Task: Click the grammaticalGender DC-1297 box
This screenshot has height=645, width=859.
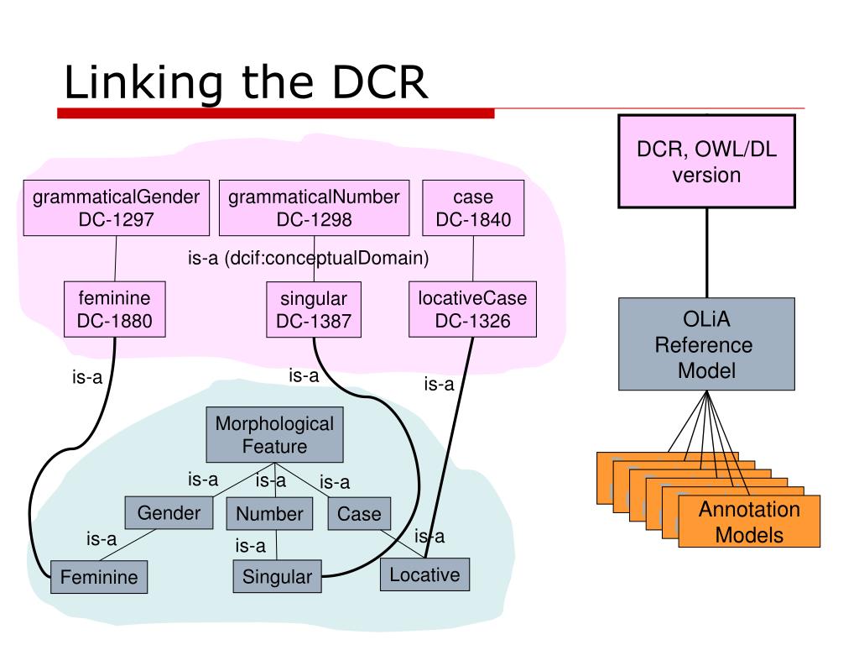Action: [x=116, y=208]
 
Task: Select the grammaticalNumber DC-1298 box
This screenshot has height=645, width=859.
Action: [x=314, y=208]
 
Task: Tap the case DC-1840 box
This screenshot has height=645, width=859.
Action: [x=473, y=208]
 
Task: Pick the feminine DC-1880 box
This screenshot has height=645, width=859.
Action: [x=114, y=309]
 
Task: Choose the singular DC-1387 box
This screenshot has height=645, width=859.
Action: [x=314, y=309]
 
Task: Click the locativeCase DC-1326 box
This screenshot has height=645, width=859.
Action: [x=473, y=309]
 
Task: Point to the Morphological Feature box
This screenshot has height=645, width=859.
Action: [x=274, y=434]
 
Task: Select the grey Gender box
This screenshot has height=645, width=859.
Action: [x=169, y=513]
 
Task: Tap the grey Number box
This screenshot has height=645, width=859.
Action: [x=269, y=513]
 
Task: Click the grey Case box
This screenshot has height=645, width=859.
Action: [x=359, y=513]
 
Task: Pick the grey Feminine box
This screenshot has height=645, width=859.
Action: [x=99, y=576]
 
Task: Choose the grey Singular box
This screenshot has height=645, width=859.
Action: [x=277, y=576]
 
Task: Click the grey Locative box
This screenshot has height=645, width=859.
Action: [x=424, y=574]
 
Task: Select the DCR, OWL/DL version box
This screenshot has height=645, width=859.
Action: [x=706, y=161]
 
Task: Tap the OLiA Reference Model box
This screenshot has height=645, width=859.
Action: [x=706, y=343]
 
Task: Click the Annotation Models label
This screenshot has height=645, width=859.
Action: [x=749, y=522]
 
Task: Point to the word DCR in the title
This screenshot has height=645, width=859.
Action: [x=380, y=82]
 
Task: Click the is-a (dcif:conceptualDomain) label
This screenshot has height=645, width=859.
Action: [x=309, y=258]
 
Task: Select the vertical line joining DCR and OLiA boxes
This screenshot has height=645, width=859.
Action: [x=706, y=253]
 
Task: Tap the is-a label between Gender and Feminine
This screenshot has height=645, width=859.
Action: [x=102, y=539]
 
